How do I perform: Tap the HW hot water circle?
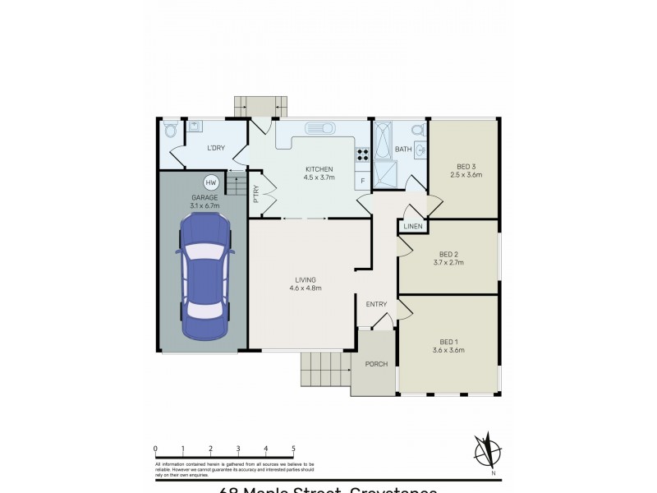tap(210, 182)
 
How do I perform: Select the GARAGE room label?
tap(204, 198)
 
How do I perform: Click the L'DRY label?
tap(215, 148)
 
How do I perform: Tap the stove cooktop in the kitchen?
tap(362, 153)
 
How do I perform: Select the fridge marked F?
tap(362, 180)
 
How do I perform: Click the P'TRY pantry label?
tap(256, 195)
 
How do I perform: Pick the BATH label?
tap(402, 150)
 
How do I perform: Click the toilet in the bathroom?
tap(416, 130)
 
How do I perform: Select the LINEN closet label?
tap(412, 226)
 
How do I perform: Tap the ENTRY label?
tap(376, 305)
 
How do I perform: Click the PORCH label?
tap(376, 364)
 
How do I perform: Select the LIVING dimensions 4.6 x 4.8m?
tap(305, 288)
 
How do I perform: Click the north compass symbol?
tap(490, 451)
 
